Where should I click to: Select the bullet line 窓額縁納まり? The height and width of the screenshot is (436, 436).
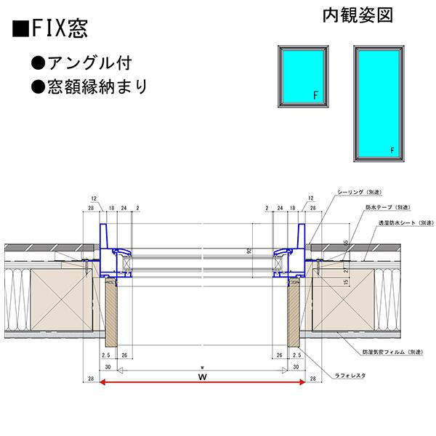click(x=99, y=86)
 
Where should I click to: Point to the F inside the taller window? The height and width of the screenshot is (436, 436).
click(x=392, y=150)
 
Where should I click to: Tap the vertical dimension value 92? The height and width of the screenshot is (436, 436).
click(x=249, y=251)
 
